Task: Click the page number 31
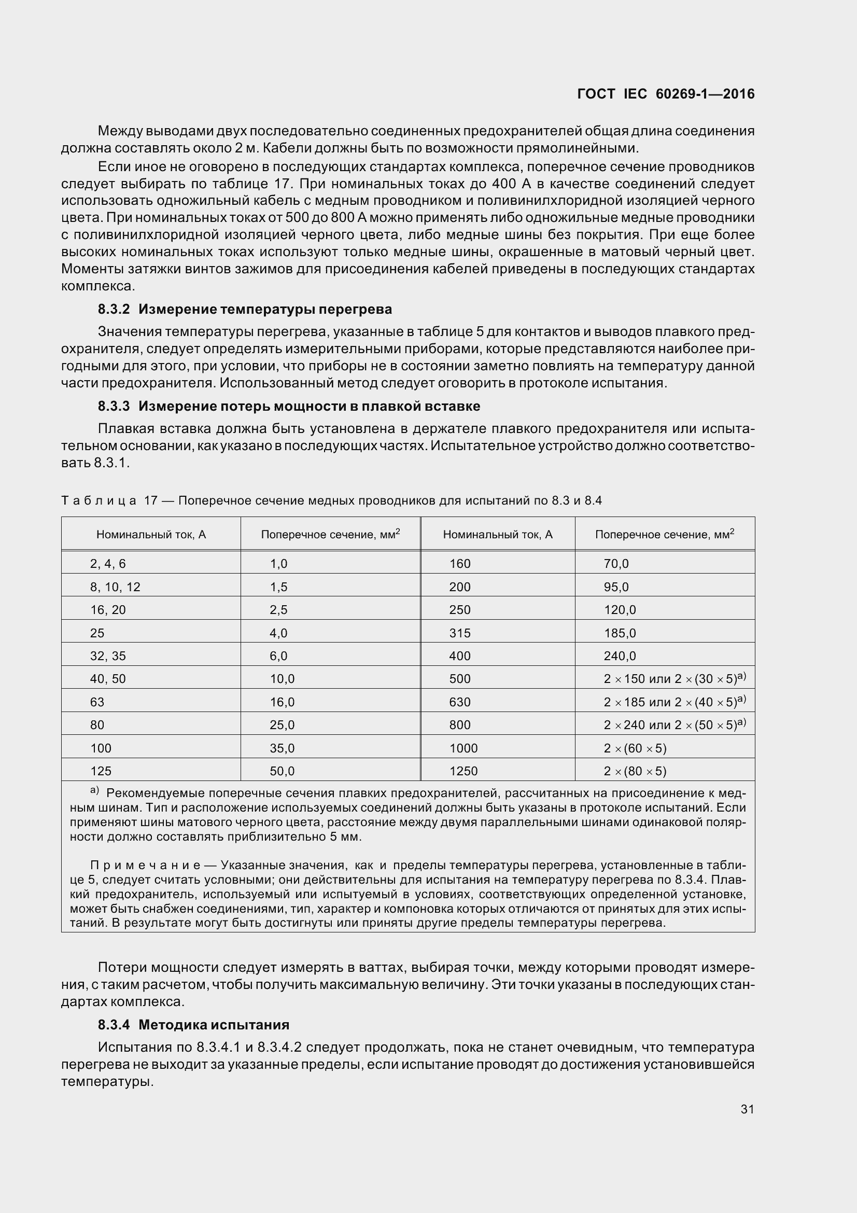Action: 747,1109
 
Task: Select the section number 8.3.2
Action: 114,309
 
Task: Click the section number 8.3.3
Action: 114,406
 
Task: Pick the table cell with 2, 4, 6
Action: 108,564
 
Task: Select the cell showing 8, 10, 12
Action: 115,587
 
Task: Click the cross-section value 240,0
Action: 620,656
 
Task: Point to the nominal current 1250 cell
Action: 463,771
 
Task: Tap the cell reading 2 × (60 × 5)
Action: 635,748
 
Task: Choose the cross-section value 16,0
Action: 282,702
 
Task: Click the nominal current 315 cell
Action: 459,633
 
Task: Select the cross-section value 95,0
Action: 616,587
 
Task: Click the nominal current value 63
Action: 97,702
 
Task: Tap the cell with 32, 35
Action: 108,656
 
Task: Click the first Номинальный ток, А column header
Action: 151,535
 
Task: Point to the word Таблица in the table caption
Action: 99,500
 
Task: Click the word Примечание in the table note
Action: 145,866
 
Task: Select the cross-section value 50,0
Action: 282,771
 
